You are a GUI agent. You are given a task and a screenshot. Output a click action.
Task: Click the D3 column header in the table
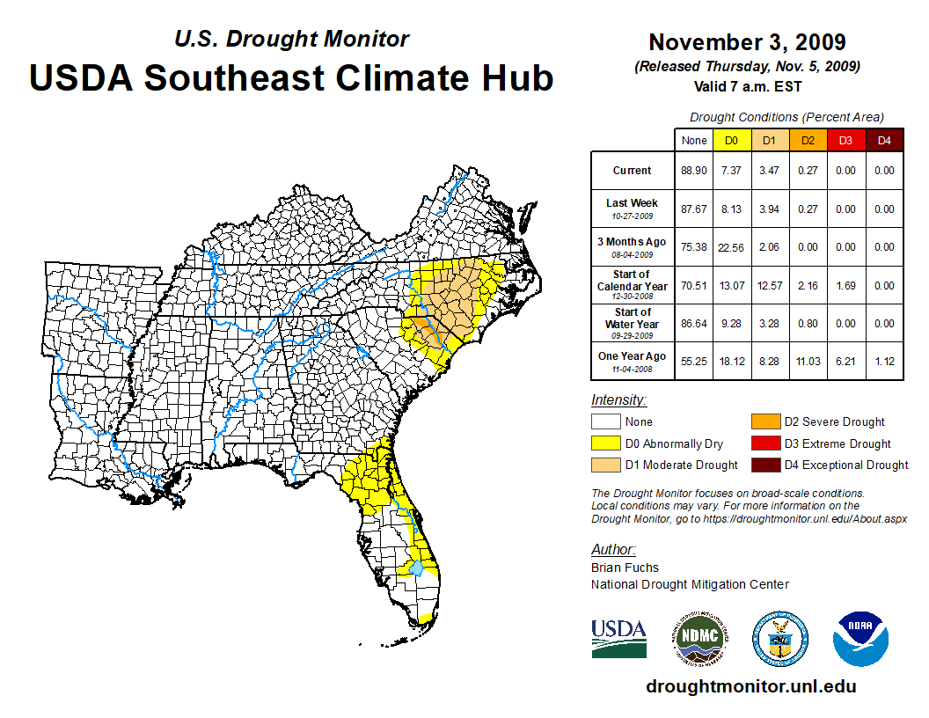coord(845,140)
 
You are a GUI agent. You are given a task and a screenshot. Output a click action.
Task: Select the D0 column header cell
coord(731,140)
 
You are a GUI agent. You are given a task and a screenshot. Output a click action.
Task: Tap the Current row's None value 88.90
coord(693,171)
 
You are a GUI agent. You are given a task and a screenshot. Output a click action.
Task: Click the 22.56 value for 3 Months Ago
coord(731,247)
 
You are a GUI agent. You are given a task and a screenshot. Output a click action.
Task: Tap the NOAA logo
coord(861,638)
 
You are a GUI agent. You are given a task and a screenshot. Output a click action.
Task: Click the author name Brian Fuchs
coord(625,568)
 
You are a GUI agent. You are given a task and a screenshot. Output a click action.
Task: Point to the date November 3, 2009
coord(747,42)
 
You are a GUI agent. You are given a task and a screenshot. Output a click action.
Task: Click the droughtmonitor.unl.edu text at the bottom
coord(750,686)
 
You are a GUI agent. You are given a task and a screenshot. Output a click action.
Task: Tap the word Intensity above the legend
coord(618,400)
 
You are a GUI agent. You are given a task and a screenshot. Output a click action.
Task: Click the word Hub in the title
coord(515,77)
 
